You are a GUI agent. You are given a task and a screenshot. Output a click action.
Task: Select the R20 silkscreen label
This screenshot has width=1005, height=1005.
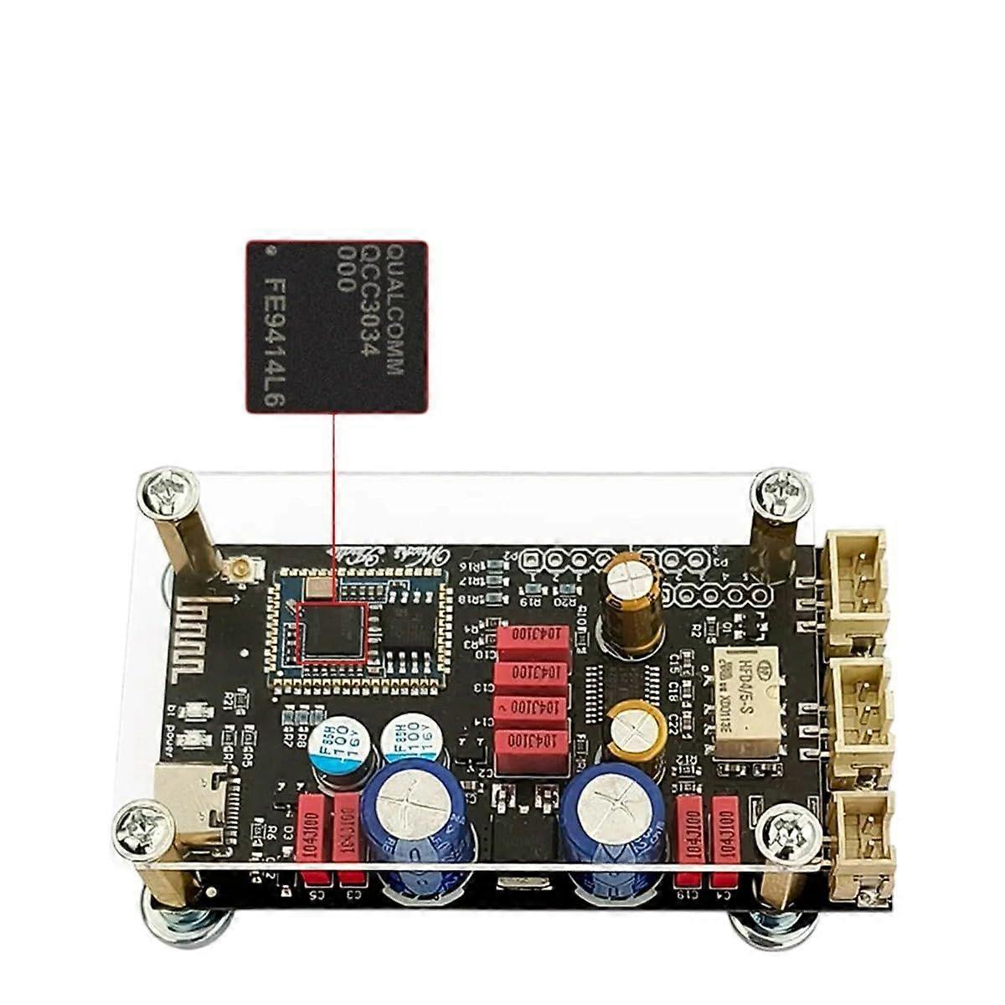[568, 601]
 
